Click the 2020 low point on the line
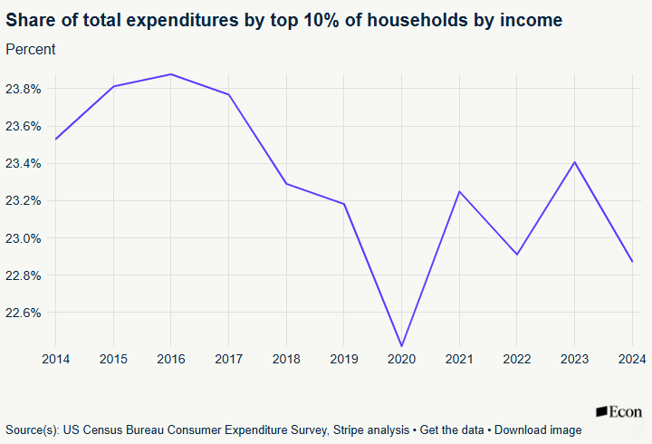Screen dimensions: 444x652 401,346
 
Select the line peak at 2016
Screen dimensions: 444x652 171,74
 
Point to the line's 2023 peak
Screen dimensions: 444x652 574,162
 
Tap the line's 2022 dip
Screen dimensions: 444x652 516,255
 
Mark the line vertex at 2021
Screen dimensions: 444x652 459,191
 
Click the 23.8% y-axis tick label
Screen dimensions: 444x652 24,89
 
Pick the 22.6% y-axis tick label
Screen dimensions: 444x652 24,313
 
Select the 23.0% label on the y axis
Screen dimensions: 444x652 24,238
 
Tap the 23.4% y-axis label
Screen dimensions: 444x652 24,163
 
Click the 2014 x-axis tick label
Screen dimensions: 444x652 56,360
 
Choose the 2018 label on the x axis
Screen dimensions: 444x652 286,360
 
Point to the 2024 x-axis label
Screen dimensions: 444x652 631,360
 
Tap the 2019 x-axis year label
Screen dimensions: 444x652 344,360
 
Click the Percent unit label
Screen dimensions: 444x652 31,49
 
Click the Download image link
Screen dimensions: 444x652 538,430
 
